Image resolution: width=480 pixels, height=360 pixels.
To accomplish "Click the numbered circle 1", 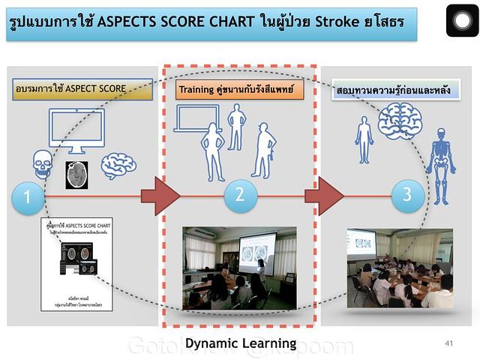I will click(28, 198).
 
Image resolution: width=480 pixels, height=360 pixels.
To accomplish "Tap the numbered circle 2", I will click(240, 195).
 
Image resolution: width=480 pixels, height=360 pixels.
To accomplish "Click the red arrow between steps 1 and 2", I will click(160, 197).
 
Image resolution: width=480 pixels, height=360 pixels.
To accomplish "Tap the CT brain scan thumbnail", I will click(76, 174).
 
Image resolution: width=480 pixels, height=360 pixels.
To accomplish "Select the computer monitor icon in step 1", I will click(76, 131).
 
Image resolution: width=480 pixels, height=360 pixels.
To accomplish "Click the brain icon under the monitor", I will click(118, 166).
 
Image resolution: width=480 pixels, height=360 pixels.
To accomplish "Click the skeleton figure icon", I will click(440, 166).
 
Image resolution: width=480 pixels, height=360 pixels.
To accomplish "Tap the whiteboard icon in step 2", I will click(196, 118).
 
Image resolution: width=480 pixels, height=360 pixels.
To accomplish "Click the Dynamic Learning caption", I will click(241, 343).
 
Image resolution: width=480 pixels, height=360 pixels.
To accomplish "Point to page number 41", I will click(449, 343).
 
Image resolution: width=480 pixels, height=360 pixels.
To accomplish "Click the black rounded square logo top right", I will click(462, 20).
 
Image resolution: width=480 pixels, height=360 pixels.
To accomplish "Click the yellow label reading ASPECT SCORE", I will click(71, 88).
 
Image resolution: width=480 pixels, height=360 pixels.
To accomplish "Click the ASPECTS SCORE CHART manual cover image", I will click(79, 257).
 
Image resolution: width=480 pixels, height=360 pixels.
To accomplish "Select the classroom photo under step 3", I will click(399, 268).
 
